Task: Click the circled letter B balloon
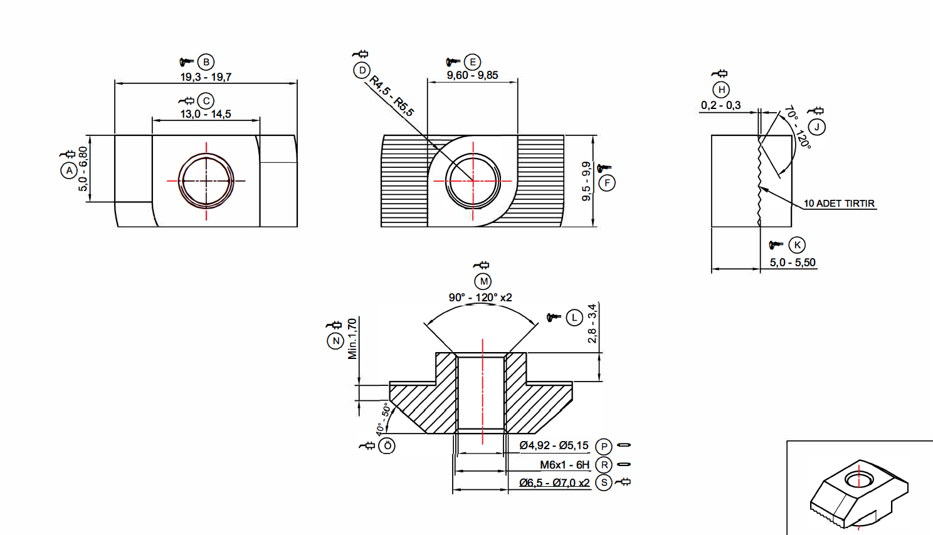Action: coord(206,62)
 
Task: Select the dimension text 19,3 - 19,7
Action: coord(206,77)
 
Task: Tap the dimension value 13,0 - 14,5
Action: coord(205,114)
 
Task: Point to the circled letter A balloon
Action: coord(69,170)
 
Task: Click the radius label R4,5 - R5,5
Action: coord(391,96)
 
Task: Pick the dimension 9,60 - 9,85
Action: coord(472,75)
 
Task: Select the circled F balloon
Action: coord(607,183)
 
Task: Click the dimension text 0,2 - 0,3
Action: coord(720,105)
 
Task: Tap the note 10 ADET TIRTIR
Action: coord(839,204)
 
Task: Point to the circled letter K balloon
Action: coord(797,245)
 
